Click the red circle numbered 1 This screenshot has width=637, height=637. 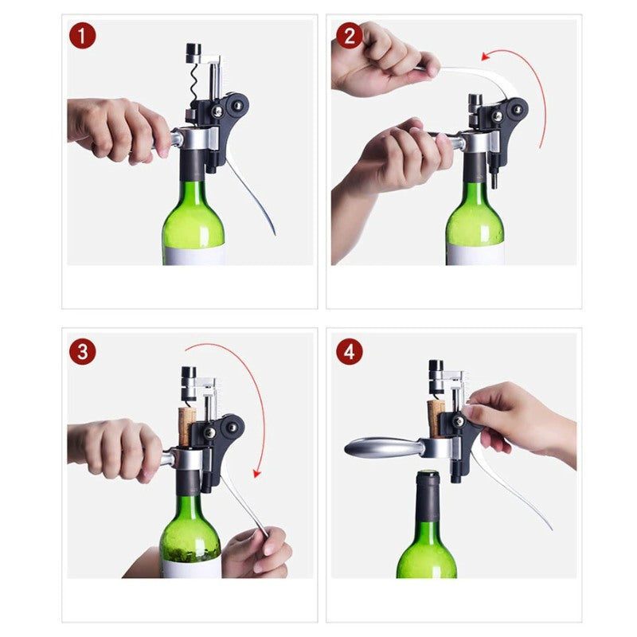point(82,36)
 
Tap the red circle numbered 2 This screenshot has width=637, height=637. point(349,36)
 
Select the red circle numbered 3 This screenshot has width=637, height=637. point(82,351)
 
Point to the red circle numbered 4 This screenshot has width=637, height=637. point(349,351)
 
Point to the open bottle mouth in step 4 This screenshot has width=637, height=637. point(428,476)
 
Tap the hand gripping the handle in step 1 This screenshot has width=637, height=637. point(119,127)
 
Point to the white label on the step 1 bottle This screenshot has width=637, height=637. point(193,256)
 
